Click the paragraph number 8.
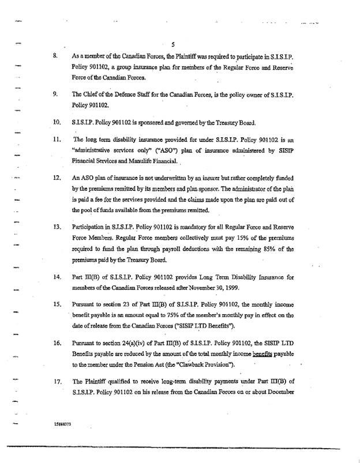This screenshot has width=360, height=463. click(55, 58)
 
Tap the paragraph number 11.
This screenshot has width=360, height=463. click(56, 141)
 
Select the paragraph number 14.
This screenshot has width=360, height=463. click(56, 277)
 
